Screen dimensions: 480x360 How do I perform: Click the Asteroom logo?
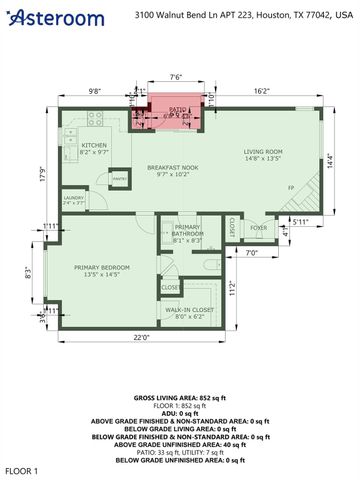tap(54, 17)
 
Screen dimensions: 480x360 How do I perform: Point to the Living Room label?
tap(266, 154)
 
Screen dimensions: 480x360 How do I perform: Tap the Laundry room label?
tap(73, 200)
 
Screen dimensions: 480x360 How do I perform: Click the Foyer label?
tap(259, 227)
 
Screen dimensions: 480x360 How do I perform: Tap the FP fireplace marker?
tap(291, 188)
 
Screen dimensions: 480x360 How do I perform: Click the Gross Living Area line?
tap(180, 398)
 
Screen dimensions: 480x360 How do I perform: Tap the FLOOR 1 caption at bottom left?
tap(21, 469)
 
